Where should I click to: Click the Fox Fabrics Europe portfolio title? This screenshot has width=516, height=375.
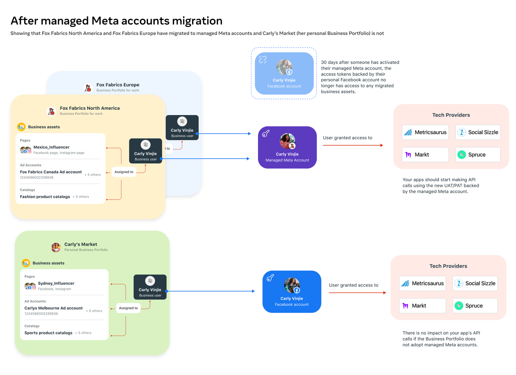click(x=118, y=85)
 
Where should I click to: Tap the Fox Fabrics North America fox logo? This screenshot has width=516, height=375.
click(x=51, y=111)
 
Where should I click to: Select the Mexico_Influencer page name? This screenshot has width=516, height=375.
click(x=51, y=147)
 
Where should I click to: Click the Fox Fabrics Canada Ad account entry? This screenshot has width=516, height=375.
click(x=51, y=172)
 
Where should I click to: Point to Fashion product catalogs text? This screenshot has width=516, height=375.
click(x=45, y=197)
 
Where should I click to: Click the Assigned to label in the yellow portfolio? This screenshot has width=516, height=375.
click(x=124, y=172)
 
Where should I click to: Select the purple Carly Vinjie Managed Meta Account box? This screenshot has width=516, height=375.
click(x=287, y=147)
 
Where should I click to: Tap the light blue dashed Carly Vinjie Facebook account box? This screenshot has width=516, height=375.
click(x=284, y=74)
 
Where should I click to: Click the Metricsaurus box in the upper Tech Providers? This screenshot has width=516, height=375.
click(x=425, y=132)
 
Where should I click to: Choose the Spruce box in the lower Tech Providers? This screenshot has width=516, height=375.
click(x=475, y=306)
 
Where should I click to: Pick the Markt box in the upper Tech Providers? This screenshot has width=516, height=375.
click(x=425, y=155)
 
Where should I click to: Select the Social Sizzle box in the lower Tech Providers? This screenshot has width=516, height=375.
click(x=475, y=283)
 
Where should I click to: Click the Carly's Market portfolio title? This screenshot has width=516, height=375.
click(x=81, y=244)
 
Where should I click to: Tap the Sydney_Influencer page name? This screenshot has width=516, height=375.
click(x=56, y=283)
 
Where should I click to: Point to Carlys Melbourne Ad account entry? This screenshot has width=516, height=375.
click(x=54, y=308)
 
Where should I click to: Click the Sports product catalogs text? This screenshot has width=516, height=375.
click(x=48, y=333)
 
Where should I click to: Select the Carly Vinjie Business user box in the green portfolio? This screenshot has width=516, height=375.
click(x=150, y=287)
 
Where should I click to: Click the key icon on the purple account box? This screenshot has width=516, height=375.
click(x=266, y=133)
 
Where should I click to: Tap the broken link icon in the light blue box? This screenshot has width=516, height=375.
click(x=263, y=60)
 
